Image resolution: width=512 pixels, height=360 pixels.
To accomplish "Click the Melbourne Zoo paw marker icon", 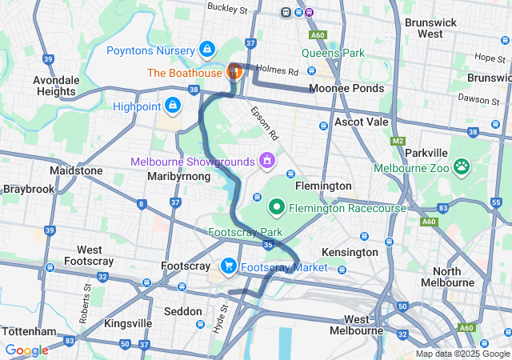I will tap(462, 167).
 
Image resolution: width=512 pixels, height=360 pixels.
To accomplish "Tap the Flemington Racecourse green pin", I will tap(277, 208).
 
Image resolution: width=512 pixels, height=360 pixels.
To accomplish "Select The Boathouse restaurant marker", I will tap(234, 71).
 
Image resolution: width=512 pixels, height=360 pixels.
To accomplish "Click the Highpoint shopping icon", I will tap(173, 105).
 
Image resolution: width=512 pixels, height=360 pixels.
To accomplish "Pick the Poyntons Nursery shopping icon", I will tap(207, 50).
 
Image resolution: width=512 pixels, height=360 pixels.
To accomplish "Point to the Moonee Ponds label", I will tap(346, 88).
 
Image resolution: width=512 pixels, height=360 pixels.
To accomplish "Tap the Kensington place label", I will tap(349, 252).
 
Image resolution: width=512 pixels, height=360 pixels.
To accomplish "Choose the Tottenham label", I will tap(29, 331).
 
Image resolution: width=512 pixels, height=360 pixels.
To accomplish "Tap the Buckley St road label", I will tap(227, 7).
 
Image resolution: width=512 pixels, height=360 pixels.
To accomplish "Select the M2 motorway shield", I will tap(399, 141).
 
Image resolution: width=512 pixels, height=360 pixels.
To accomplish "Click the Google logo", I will tap(27, 350).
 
